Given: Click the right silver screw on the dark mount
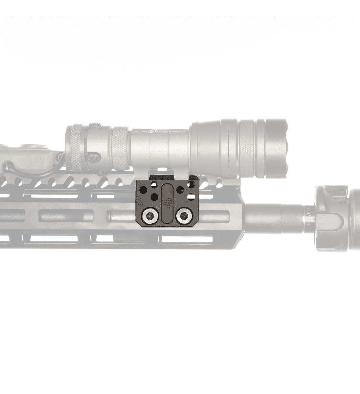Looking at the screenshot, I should [x=184, y=215].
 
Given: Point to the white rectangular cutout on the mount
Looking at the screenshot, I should [x=191, y=196].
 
